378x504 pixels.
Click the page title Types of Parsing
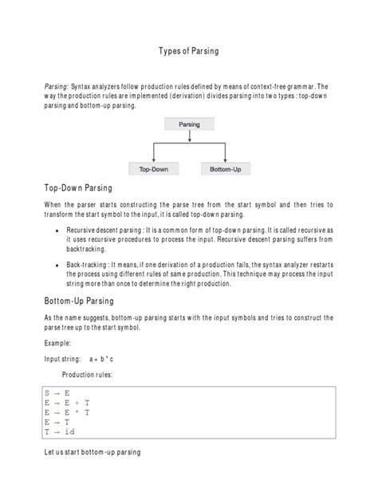click(x=189, y=52)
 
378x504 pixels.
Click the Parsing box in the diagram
click(x=189, y=124)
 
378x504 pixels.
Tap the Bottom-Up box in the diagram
click(x=224, y=169)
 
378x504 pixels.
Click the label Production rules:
click(x=87, y=374)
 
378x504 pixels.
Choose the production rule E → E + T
click(x=67, y=403)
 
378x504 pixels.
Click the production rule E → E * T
click(x=67, y=412)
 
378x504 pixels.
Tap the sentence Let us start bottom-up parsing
click(x=92, y=452)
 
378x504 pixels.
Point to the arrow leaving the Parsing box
click(x=189, y=137)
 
